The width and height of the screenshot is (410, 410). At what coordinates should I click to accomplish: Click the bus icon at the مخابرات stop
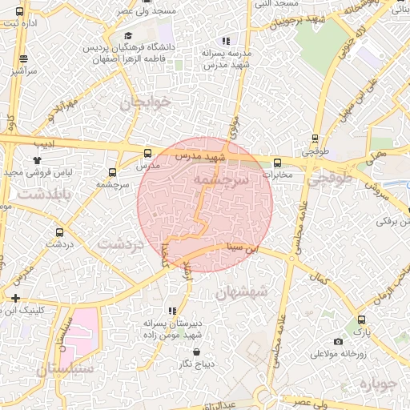277,163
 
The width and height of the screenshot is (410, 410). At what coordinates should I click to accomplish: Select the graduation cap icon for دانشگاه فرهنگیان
129,36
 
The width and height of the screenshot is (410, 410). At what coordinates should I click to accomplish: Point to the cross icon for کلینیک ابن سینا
14,298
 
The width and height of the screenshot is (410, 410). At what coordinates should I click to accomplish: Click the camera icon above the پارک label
360,320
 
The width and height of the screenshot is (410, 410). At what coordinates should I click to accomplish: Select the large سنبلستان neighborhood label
66,369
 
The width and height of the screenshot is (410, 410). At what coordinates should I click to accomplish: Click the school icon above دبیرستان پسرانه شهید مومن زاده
171,310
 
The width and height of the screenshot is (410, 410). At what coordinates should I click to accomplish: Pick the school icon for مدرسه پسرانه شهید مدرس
226,40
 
